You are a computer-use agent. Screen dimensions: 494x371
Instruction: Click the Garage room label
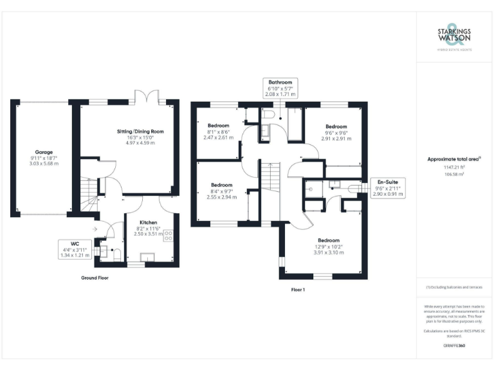click(x=43, y=158)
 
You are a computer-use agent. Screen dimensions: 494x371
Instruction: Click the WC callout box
click(x=83, y=249)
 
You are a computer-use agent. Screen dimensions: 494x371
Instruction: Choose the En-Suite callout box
click(x=388, y=188)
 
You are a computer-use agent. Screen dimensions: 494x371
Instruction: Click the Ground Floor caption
click(x=94, y=278)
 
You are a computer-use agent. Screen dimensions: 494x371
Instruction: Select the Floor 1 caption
click(x=298, y=290)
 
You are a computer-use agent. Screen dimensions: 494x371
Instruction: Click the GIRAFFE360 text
click(x=454, y=346)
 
